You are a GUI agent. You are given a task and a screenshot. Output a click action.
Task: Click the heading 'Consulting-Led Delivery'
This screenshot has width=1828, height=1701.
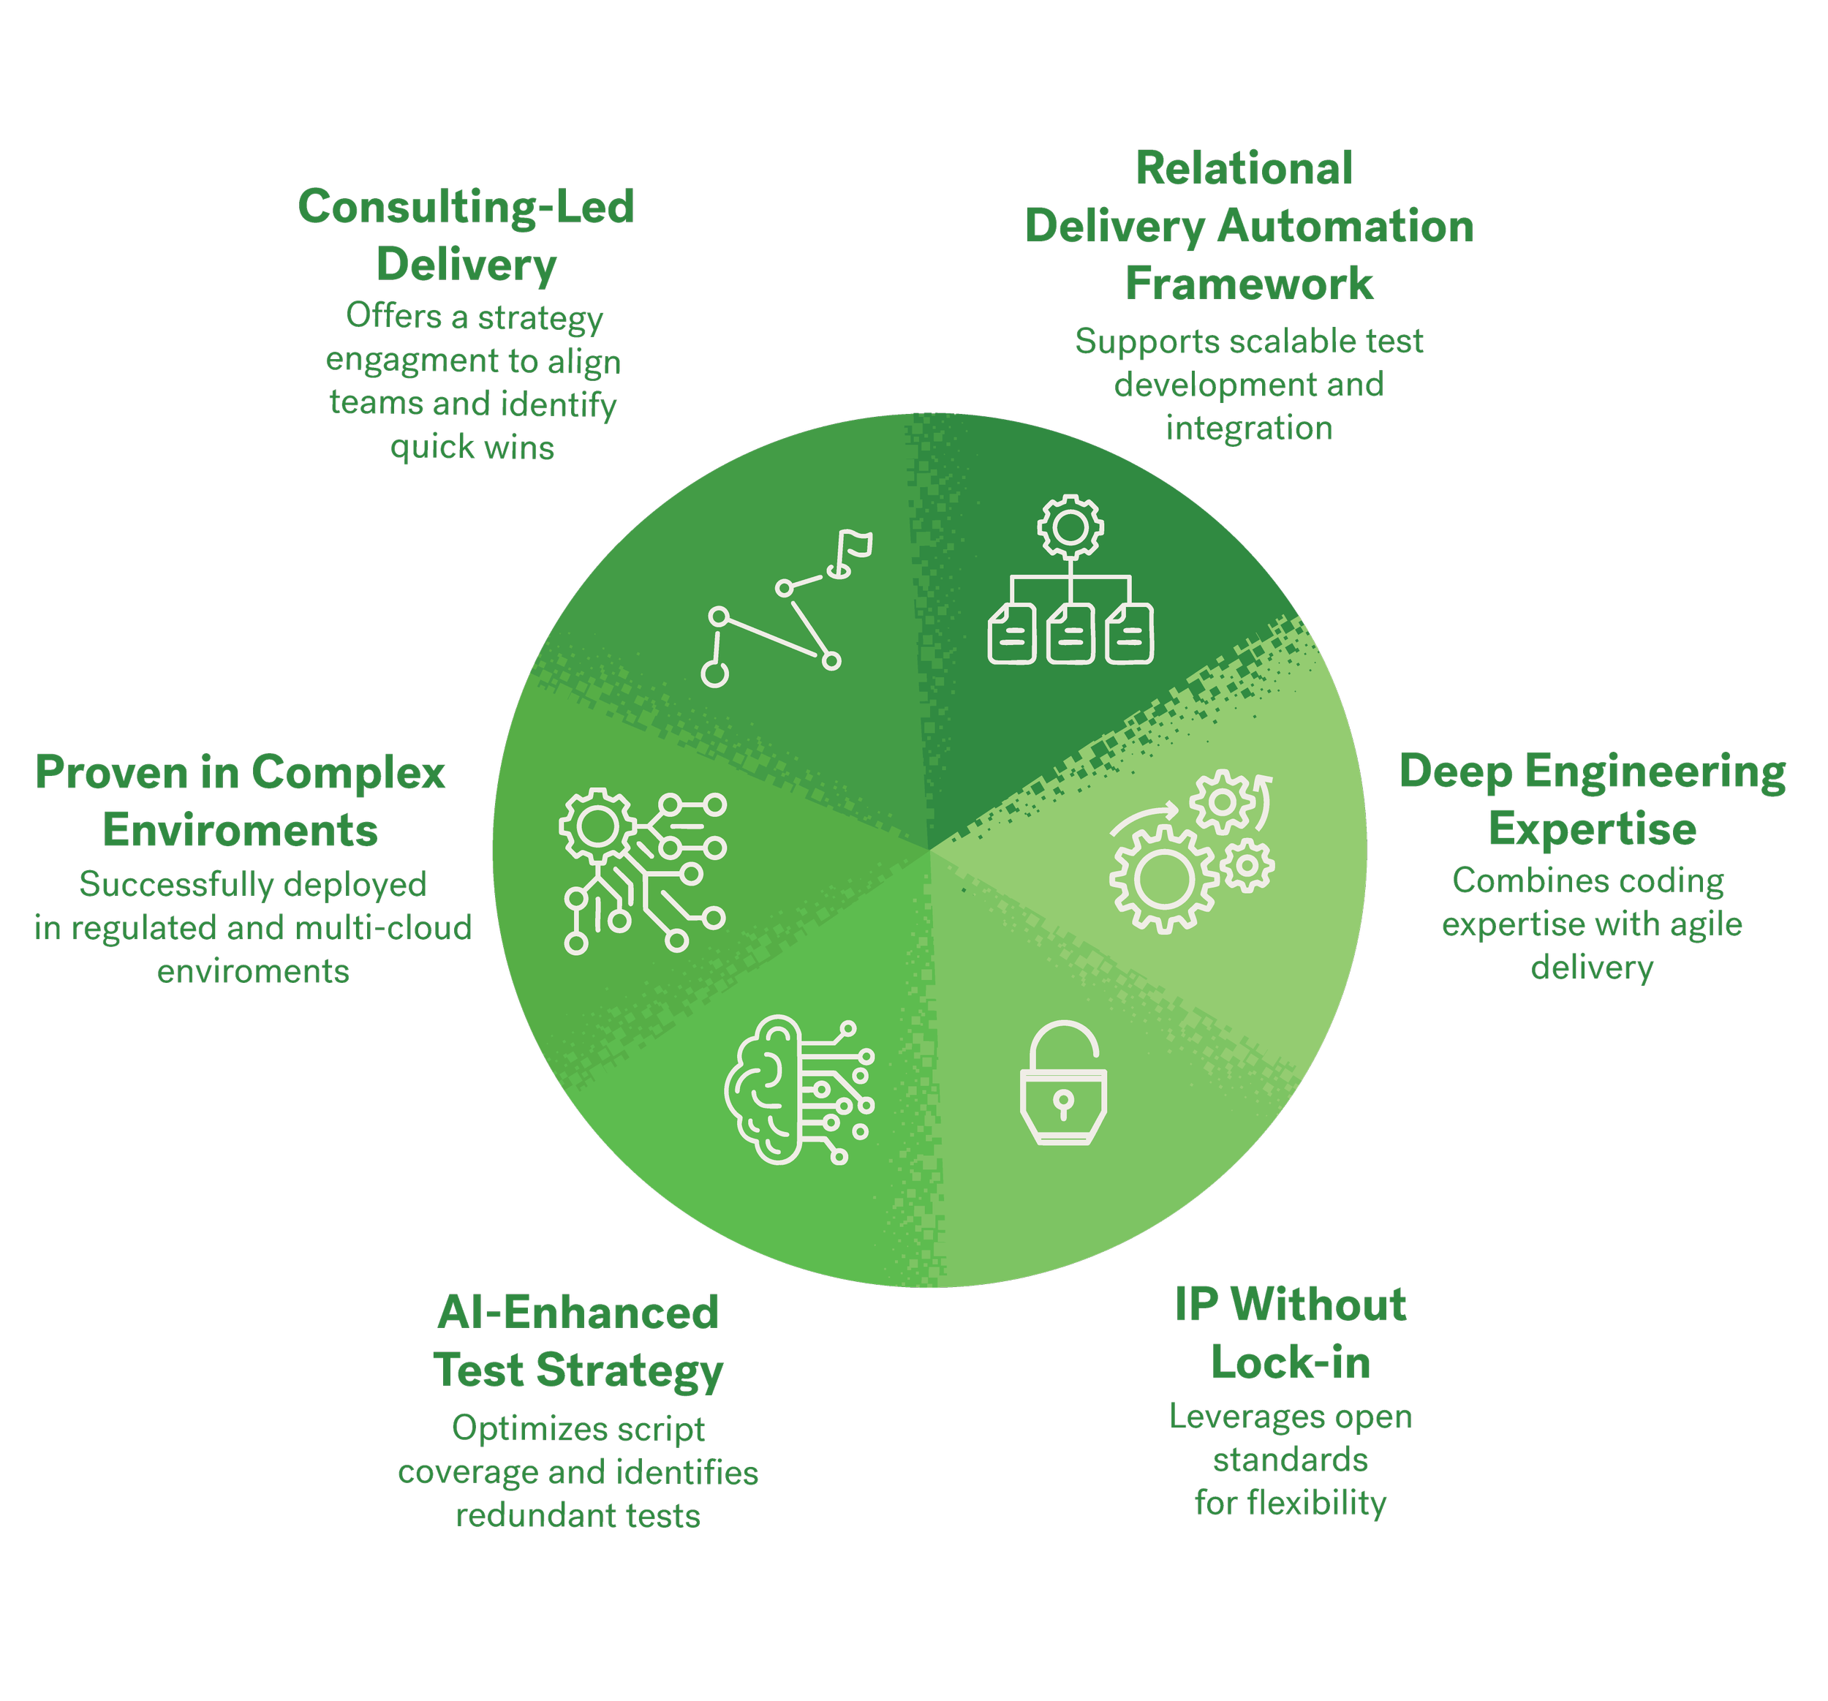[467, 235]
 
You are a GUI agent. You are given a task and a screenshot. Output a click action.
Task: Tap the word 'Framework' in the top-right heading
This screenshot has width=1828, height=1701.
[1250, 284]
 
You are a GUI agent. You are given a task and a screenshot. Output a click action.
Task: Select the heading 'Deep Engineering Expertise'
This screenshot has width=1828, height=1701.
[1592, 800]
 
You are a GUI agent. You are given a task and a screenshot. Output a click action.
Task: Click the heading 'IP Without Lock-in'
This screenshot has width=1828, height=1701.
[1290, 1333]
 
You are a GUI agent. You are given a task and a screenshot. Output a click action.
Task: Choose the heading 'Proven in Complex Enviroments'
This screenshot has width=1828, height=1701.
[240, 801]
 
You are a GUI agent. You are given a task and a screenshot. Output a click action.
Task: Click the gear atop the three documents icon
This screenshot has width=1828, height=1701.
[1070, 527]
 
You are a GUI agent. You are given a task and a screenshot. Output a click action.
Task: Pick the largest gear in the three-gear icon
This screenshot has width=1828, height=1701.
[1164, 878]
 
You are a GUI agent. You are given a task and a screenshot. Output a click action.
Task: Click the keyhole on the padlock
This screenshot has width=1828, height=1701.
[1063, 1101]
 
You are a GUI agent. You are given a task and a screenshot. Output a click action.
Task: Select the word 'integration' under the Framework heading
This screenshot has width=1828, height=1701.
[1250, 429]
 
